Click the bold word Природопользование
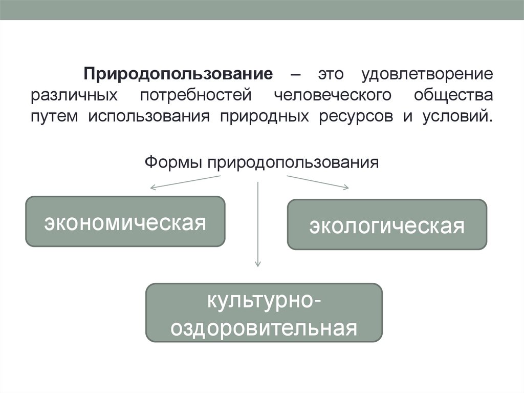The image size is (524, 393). (179, 73)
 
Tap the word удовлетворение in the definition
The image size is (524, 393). (428, 73)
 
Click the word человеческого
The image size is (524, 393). (333, 95)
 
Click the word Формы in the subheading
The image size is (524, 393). (173, 162)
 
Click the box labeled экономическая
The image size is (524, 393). (125, 221)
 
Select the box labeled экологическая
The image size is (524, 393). (387, 224)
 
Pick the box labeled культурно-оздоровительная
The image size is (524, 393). (264, 313)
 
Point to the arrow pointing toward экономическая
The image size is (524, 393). (184, 182)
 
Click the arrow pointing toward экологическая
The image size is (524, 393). (317, 182)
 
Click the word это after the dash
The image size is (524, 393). (328, 73)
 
